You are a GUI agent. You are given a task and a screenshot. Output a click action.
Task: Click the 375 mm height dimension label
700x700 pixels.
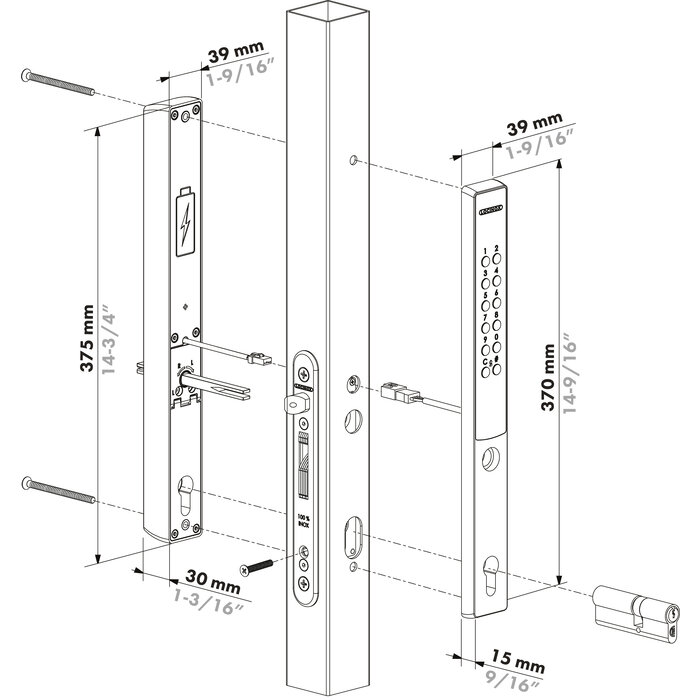tap(91, 337)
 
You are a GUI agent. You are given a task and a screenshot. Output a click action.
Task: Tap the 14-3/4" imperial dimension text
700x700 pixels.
tap(117, 337)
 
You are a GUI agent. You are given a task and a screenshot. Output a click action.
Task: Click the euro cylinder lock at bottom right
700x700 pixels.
tap(638, 607)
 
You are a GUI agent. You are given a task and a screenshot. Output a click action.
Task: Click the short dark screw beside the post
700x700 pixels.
tap(259, 566)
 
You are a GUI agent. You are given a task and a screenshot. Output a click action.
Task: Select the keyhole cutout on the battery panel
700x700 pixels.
tap(186, 497)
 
